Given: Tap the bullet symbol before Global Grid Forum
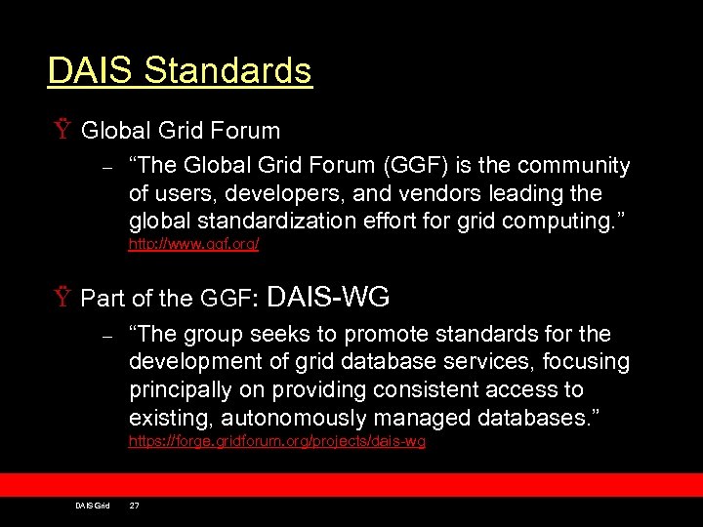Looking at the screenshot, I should click(x=63, y=131).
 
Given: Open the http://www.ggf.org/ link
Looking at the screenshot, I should click(x=193, y=245).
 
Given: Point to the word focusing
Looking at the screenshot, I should click(x=589, y=362).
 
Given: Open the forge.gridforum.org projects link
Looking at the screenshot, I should click(x=277, y=442).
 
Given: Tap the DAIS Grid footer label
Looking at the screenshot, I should click(x=93, y=505).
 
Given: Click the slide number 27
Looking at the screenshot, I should click(x=135, y=505).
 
